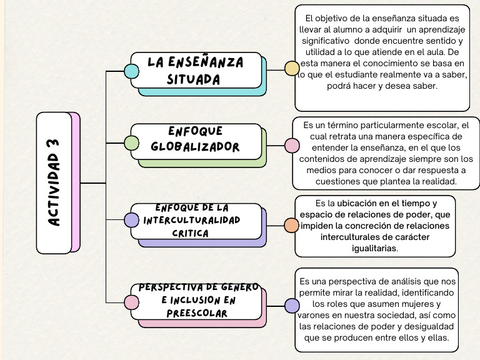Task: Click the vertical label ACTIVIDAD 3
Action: [54, 182]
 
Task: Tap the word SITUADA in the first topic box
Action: [193, 79]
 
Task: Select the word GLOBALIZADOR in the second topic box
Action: [196, 147]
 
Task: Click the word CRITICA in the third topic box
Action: [190, 233]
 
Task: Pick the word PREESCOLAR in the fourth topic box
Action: [197, 313]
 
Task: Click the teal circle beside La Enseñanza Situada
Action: [131, 71]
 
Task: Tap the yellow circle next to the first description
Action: [292, 69]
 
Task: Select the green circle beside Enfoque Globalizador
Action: [131, 142]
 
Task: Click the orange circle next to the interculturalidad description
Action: [291, 225]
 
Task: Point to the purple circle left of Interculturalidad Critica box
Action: [131, 220]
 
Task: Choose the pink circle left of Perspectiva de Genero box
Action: [131, 302]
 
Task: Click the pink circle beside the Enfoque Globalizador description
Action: [292, 146]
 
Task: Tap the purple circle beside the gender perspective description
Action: [292, 306]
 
